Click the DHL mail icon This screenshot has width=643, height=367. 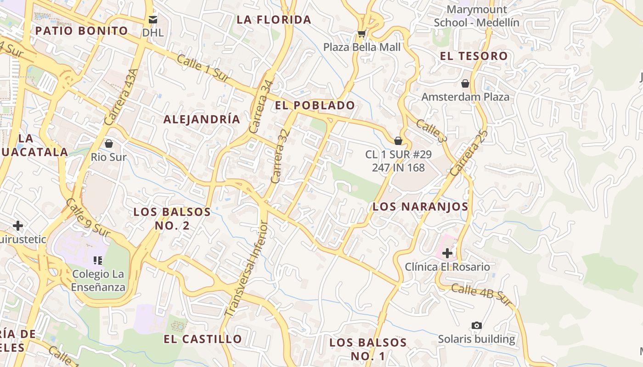[152, 20]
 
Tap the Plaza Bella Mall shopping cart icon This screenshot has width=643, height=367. [361, 34]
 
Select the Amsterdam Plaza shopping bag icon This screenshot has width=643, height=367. [465, 83]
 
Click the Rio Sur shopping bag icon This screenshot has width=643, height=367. [109, 144]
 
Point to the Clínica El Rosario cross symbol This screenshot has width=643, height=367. [447, 253]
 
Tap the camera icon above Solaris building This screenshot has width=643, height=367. [477, 325]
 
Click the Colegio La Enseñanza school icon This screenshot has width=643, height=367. [97, 261]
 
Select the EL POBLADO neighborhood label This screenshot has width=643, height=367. [315, 106]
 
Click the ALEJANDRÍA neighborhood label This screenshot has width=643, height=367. [202, 120]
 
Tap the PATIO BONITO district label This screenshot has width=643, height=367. [82, 31]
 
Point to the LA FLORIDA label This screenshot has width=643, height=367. [274, 20]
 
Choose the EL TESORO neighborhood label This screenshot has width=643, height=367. [474, 56]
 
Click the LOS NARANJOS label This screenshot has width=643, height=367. [420, 207]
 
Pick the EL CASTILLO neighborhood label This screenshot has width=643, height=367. [203, 339]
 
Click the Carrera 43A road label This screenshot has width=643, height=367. [121, 97]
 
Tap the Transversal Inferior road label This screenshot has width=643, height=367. [246, 268]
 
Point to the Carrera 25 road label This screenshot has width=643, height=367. [468, 153]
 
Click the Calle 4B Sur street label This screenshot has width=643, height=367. [481, 295]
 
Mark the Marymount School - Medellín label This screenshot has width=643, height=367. [476, 16]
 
